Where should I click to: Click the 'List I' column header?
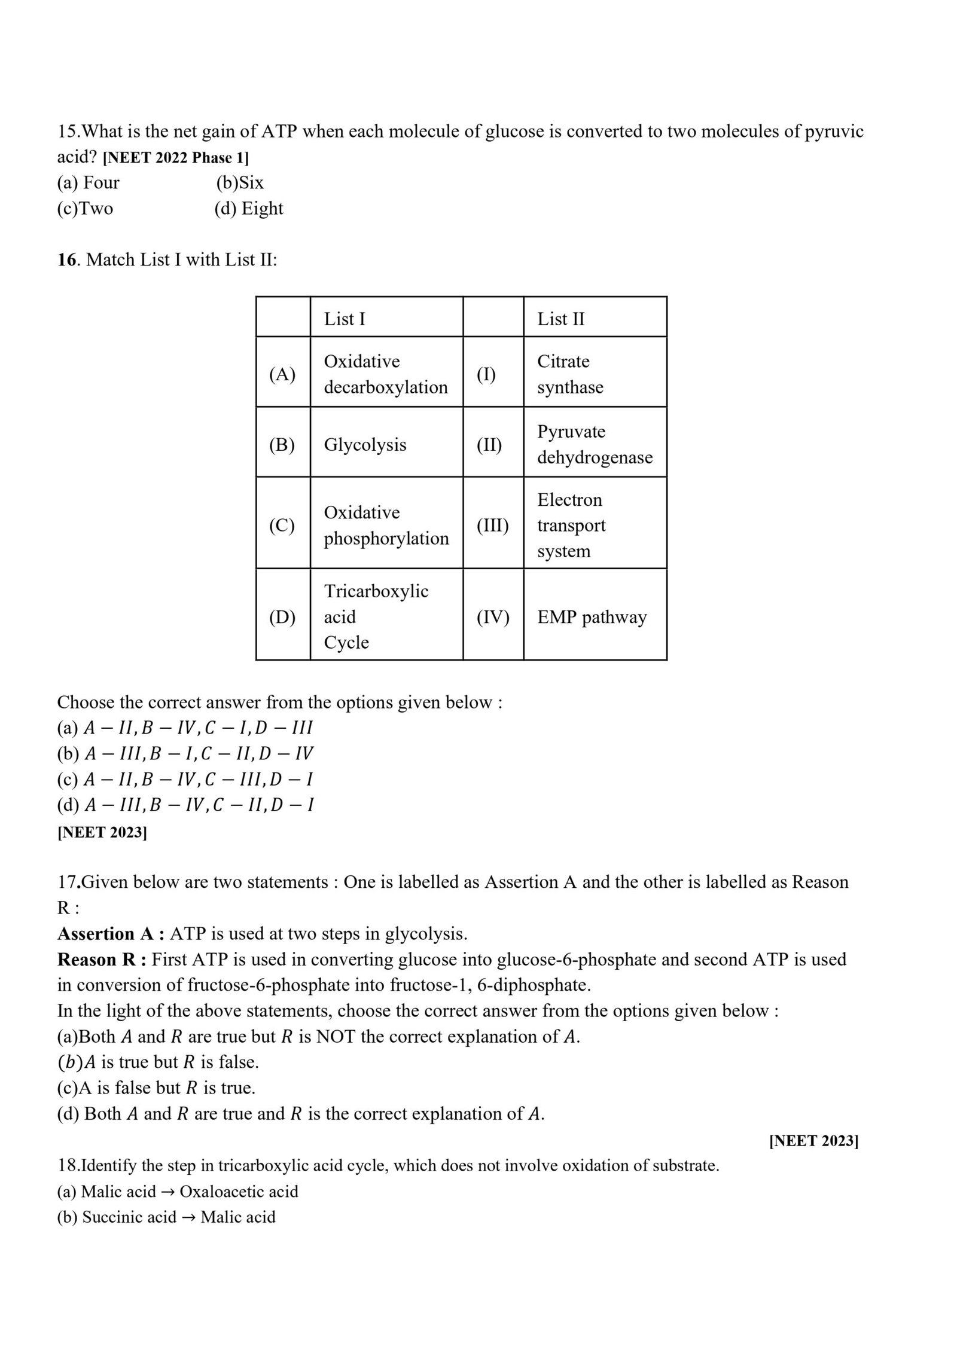(x=344, y=319)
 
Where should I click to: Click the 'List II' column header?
(x=560, y=319)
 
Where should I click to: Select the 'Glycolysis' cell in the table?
(x=365, y=445)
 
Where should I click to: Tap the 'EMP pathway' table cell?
(x=592, y=617)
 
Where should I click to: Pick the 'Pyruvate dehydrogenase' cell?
(x=595, y=444)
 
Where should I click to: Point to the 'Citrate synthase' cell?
(x=570, y=374)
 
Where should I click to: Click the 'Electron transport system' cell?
(x=571, y=526)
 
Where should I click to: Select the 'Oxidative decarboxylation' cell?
(x=386, y=374)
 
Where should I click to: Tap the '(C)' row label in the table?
(x=282, y=526)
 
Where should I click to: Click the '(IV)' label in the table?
(x=493, y=617)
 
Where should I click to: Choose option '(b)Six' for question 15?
(x=240, y=183)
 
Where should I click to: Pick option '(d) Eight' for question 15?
(x=249, y=209)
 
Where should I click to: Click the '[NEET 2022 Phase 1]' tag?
(x=176, y=158)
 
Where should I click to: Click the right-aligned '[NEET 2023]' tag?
(x=813, y=1141)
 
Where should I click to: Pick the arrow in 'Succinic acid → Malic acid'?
(x=188, y=1217)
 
